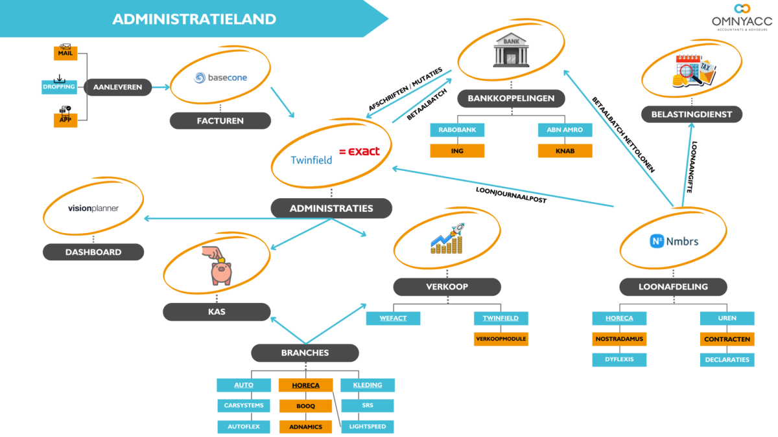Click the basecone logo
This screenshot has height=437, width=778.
pyautogui.click(x=220, y=78)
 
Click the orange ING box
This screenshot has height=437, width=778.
pyautogui.click(x=457, y=151)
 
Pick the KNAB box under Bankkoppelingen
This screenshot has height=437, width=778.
pyautogui.click(x=565, y=151)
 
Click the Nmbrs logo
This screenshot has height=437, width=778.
pyautogui.click(x=674, y=241)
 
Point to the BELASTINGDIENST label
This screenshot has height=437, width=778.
pyautogui.click(x=692, y=115)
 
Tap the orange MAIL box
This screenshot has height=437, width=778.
pyautogui.click(x=65, y=53)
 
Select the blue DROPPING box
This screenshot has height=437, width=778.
pyautogui.click(x=59, y=87)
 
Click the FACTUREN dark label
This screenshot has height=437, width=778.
pyautogui.click(x=220, y=120)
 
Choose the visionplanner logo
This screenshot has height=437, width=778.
pyautogui.click(x=93, y=208)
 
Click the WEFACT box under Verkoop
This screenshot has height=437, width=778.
pyautogui.click(x=393, y=318)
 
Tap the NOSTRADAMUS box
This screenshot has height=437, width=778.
pyautogui.click(x=619, y=339)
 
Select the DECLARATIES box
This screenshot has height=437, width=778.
pyautogui.click(x=727, y=359)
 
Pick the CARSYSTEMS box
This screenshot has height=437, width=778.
pyautogui.click(x=244, y=406)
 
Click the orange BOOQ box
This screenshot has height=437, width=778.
pyautogui.click(x=305, y=406)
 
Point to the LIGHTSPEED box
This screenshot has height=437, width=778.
pyautogui.click(x=367, y=427)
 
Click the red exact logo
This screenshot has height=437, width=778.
pyautogui.click(x=359, y=151)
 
